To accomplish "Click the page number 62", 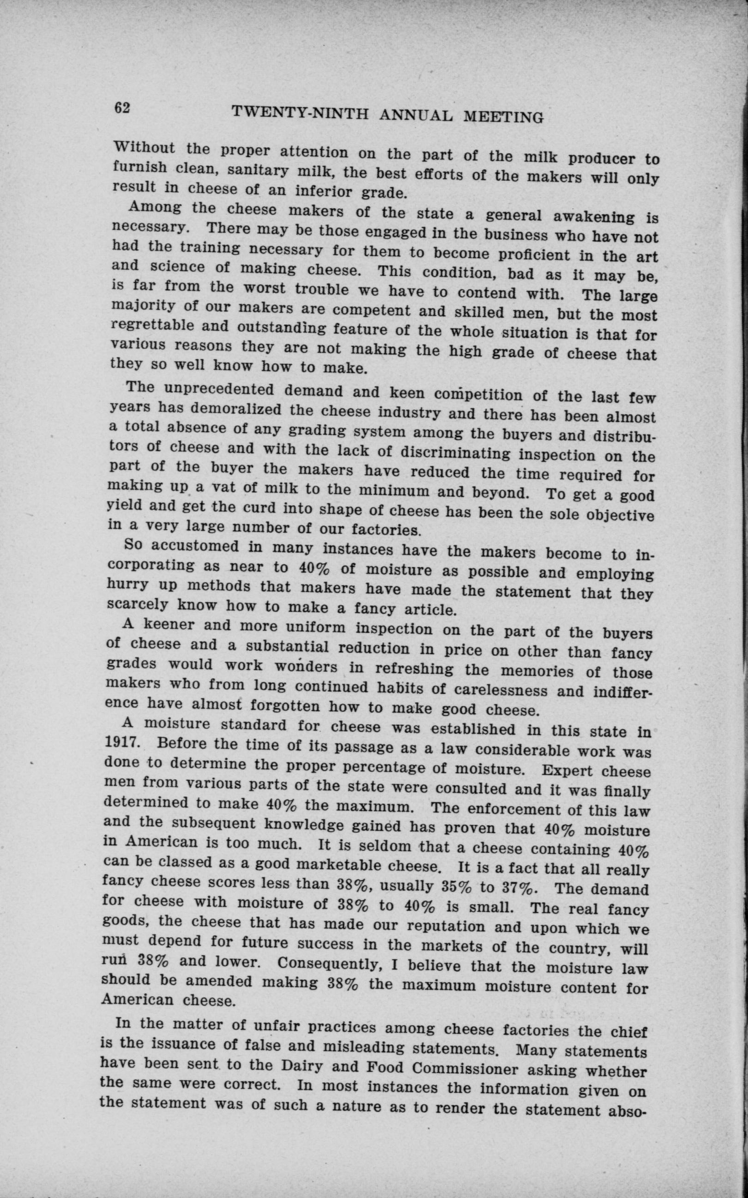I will (122, 108).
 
